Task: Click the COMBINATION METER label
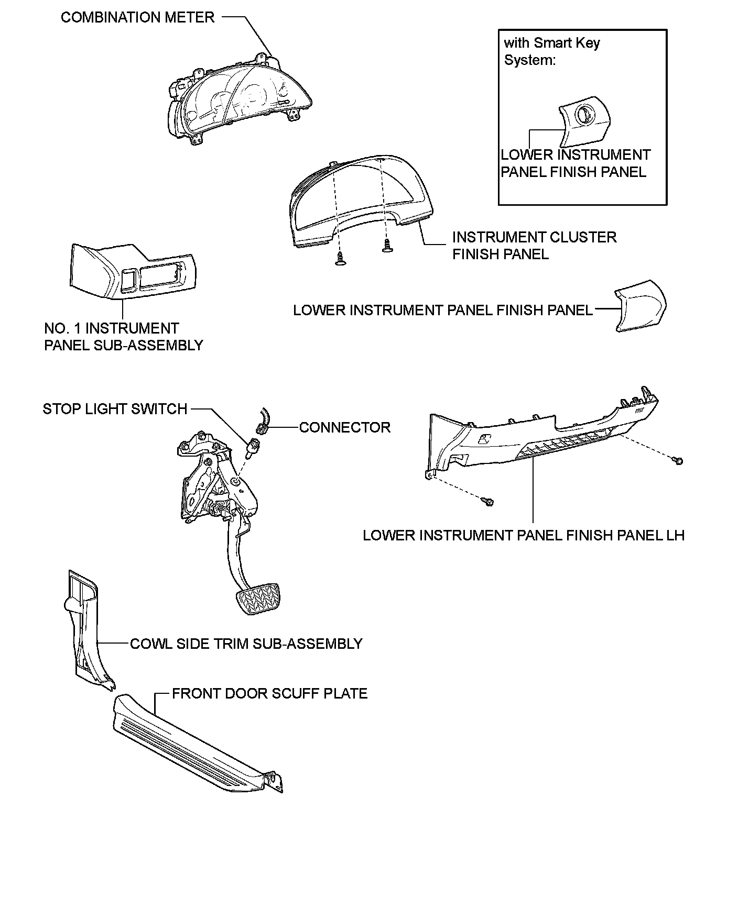[x=137, y=17]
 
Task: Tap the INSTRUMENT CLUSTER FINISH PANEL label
[x=534, y=246]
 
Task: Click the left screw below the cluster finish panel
[x=341, y=258]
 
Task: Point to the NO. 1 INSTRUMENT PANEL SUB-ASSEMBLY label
[x=123, y=337]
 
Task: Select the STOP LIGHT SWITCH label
[x=115, y=409]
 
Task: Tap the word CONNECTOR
[x=344, y=427]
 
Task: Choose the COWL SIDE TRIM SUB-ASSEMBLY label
[x=246, y=644]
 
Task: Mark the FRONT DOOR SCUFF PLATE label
[x=269, y=693]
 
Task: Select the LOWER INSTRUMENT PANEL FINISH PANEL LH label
[x=523, y=535]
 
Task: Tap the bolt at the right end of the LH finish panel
[x=679, y=461]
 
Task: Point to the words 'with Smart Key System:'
[x=551, y=51]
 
